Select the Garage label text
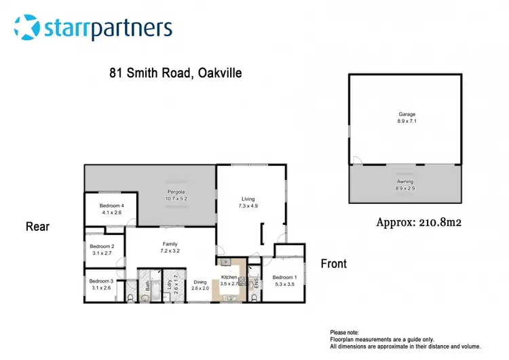(407, 115)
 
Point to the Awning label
(405, 181)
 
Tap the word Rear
(38, 226)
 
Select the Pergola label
(176, 192)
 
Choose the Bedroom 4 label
(111, 206)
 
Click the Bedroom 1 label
(284, 277)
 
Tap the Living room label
(247, 199)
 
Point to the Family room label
(170, 243)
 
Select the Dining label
(200, 282)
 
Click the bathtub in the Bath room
(150, 293)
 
